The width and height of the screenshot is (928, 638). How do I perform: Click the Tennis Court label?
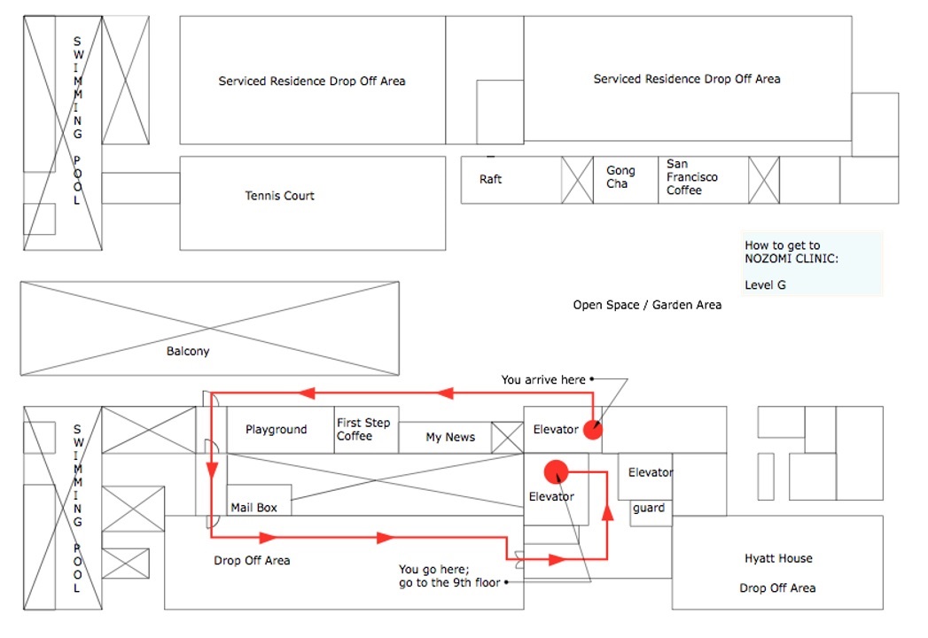tap(279, 196)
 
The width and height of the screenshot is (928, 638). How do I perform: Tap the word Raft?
tap(490, 180)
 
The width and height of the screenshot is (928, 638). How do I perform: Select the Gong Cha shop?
tap(620, 177)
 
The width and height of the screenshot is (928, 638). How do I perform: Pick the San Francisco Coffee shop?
tap(692, 177)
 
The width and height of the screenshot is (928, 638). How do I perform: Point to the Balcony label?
tap(188, 352)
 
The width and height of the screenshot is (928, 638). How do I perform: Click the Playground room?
tap(277, 430)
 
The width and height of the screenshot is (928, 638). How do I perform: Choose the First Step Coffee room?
tap(363, 430)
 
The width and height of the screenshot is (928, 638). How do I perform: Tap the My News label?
tap(450, 437)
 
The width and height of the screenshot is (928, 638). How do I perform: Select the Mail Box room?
tap(254, 508)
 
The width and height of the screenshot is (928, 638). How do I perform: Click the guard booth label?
tap(649, 509)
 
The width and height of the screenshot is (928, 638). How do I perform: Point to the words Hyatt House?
tap(778, 559)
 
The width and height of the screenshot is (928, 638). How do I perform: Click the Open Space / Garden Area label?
tap(647, 305)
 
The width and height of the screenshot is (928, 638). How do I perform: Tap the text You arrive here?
tap(543, 380)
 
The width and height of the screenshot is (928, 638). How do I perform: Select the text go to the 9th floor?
tap(450, 583)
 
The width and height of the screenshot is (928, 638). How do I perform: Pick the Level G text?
tap(765, 285)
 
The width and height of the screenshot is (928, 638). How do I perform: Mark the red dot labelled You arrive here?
tap(593, 430)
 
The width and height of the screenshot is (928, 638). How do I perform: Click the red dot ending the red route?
tap(556, 471)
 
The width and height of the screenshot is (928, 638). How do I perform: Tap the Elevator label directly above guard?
tap(651, 473)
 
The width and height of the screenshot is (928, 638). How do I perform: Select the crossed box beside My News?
tap(507, 438)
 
